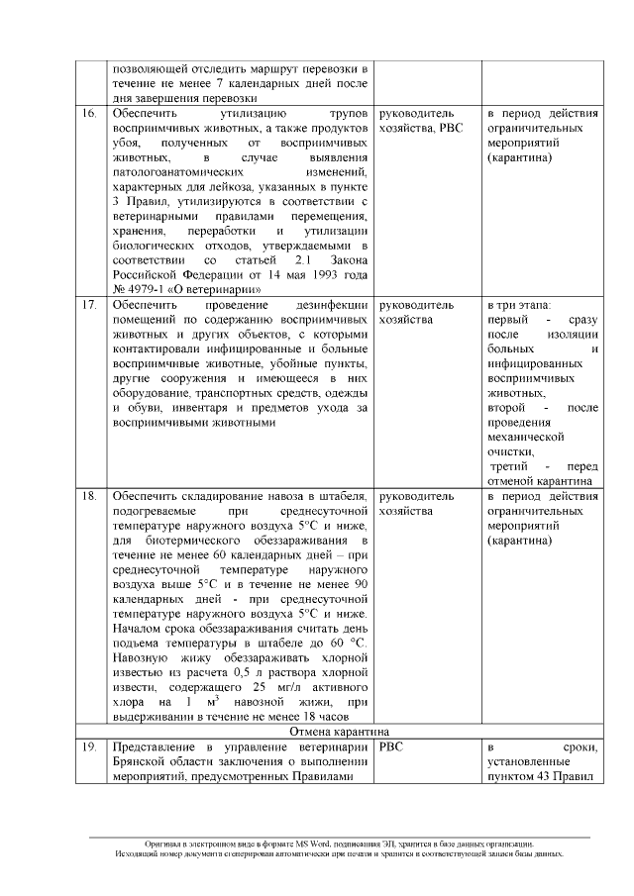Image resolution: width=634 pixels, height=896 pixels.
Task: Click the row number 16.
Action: tap(89, 114)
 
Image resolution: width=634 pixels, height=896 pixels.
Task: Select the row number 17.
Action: tap(89, 305)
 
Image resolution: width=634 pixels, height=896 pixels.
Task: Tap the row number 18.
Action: tap(89, 495)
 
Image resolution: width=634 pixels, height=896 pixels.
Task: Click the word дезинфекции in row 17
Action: tap(334, 305)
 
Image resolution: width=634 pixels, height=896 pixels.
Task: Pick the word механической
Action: tap(526, 436)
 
